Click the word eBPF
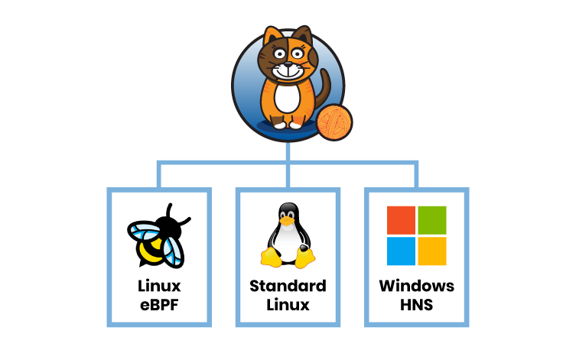[x=158, y=305]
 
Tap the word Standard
[x=288, y=287]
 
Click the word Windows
[x=417, y=287]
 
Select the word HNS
[x=417, y=305]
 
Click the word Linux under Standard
[x=288, y=305]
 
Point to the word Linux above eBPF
[x=158, y=287]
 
